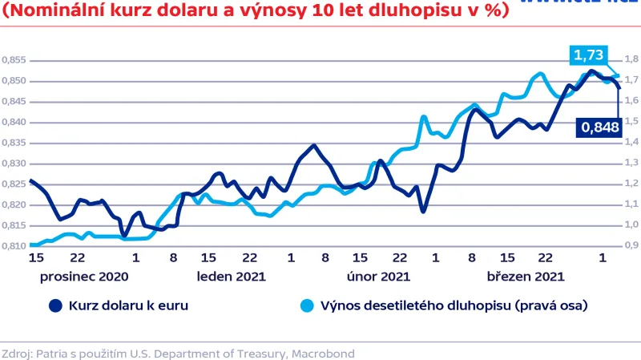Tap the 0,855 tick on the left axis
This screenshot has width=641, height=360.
pyautogui.click(x=14, y=60)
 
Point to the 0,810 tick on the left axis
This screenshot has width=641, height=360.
pyautogui.click(x=14, y=245)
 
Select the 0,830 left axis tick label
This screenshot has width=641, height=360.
pyautogui.click(x=14, y=163)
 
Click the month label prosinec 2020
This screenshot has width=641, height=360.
pyautogui.click(x=83, y=276)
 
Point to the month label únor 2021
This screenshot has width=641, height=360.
pyautogui.click(x=378, y=276)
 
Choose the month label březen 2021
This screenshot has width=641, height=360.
pyautogui.click(x=526, y=276)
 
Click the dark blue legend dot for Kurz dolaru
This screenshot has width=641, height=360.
pyautogui.click(x=54, y=305)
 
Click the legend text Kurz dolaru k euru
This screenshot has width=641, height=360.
pyautogui.click(x=128, y=305)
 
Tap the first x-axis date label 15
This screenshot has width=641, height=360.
pyautogui.click(x=35, y=258)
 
